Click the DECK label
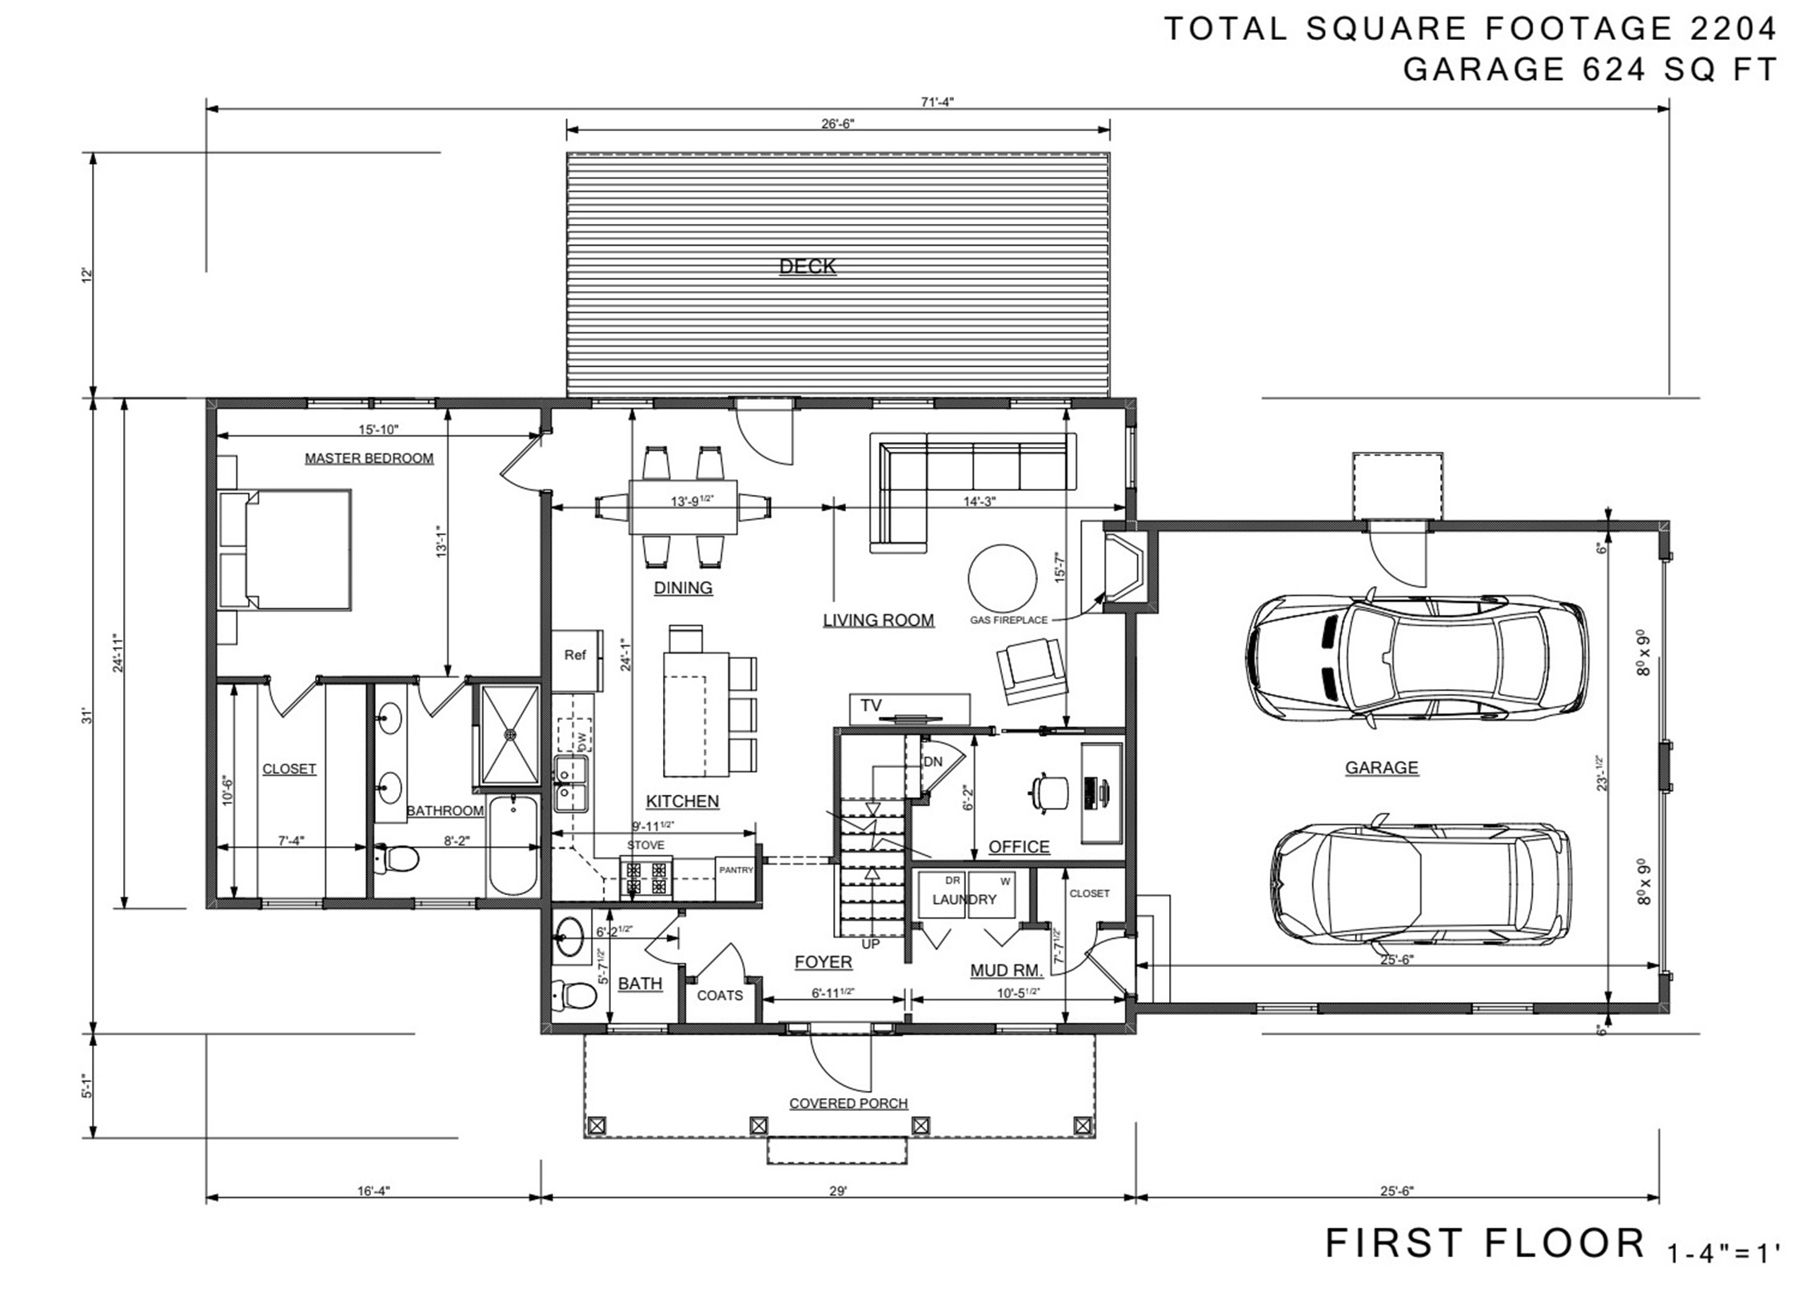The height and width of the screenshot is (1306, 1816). tap(807, 266)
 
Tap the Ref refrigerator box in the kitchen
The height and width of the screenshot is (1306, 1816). tap(576, 655)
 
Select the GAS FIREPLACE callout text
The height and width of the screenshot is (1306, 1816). tap(1008, 620)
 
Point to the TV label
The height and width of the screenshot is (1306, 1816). tap(870, 705)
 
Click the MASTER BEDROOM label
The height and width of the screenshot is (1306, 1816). tap(369, 458)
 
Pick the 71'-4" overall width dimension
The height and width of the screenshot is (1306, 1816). tap(937, 102)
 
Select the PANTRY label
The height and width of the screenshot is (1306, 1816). tap(735, 869)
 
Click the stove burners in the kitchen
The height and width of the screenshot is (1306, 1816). tap(647, 876)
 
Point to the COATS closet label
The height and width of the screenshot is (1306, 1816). tap(719, 996)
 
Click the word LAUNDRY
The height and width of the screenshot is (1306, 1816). tap(964, 899)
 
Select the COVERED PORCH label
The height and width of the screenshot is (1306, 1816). tap(848, 1104)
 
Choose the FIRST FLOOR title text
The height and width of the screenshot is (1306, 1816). tap(1483, 1244)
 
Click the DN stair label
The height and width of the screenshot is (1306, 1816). tap(933, 761)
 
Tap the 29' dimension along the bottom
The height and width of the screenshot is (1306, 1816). tap(837, 1191)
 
